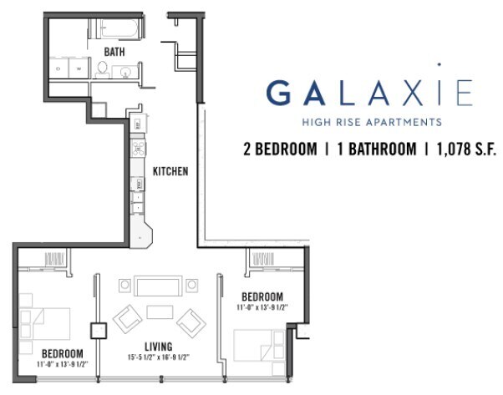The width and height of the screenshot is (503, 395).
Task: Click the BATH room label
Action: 115,52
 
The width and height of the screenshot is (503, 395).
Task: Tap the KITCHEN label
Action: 170,172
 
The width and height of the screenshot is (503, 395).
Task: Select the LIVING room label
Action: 158,346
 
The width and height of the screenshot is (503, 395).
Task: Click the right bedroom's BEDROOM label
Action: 262,296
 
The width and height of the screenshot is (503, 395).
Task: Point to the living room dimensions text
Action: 158,357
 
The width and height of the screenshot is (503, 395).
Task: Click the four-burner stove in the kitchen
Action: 138,150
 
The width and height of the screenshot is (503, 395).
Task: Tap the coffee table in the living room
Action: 158,311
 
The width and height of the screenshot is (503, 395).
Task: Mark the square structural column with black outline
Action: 98,329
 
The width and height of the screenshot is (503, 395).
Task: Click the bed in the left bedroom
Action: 46,321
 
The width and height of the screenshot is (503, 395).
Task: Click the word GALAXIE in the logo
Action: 369,91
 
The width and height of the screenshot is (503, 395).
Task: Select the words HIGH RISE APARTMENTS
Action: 371,122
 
